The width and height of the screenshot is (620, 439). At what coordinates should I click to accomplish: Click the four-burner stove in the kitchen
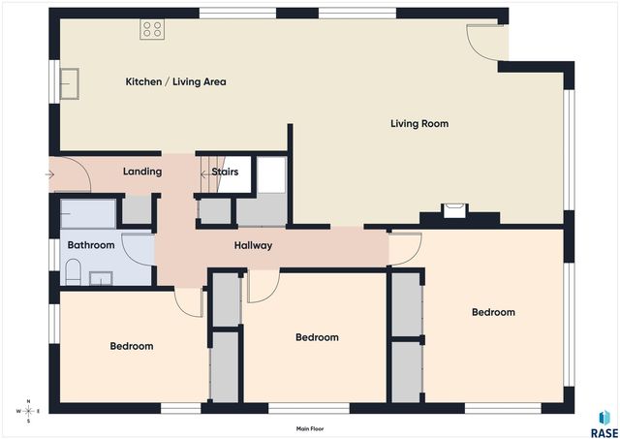point(152,29)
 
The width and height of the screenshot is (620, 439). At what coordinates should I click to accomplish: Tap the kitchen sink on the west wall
point(69,83)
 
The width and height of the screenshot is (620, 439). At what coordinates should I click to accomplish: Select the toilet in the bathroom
point(74,271)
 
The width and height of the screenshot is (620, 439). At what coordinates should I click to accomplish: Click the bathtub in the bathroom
point(88,214)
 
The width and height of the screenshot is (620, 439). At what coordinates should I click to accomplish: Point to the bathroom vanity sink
point(101,278)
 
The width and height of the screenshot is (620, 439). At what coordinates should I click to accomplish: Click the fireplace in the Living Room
point(454,211)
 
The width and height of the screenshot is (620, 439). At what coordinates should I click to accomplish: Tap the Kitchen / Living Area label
point(175,81)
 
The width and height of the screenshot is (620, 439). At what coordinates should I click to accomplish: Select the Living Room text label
point(419,124)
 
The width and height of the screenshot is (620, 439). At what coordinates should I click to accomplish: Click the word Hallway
point(253,245)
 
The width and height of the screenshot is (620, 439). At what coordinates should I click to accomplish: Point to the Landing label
point(142,172)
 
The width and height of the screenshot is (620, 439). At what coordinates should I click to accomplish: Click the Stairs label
point(225,172)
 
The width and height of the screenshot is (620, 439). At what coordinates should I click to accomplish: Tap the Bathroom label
point(91,245)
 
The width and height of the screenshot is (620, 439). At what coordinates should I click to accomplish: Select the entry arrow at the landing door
point(49,174)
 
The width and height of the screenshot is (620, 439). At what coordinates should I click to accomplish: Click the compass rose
point(28,411)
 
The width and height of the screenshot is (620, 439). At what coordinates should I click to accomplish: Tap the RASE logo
point(604,424)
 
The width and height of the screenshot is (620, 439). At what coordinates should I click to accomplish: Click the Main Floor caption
point(310,428)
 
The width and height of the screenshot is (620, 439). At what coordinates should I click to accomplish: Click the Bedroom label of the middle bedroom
point(317,337)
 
